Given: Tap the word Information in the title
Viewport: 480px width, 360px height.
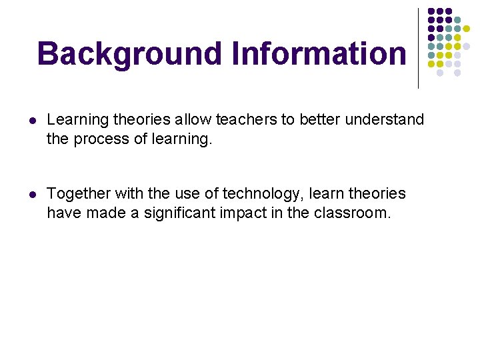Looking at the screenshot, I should tap(318, 54).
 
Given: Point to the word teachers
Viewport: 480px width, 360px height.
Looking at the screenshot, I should tap(246, 120).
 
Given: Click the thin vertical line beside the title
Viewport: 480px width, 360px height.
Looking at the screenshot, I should tap(419, 47).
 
